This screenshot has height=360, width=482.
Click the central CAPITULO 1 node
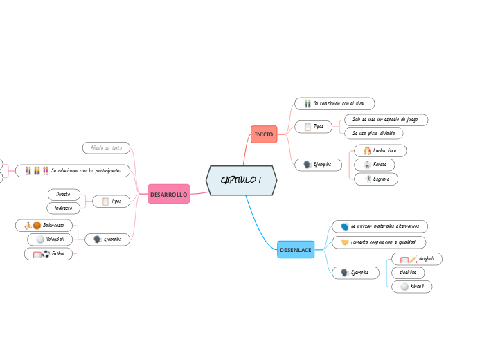tap(241, 181)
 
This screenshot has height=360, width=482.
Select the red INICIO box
tap(264, 134)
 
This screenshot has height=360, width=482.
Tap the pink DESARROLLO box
tap(169, 195)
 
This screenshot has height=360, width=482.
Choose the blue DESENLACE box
tap(295, 249)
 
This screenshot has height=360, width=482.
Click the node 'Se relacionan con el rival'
tap(334, 103)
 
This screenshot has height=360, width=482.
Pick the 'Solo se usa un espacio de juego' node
tap(385, 119)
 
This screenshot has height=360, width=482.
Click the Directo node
tap(64, 195)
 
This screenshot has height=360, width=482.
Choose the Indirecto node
tap(64, 208)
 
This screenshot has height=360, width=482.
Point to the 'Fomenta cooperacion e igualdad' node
tap(378, 242)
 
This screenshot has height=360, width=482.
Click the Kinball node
tap(411, 287)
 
